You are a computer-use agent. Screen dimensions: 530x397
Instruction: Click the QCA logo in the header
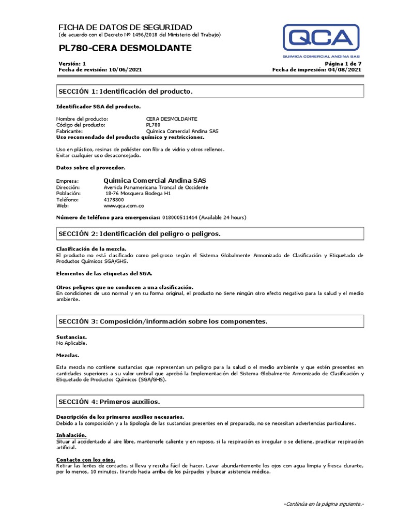[x=321, y=41]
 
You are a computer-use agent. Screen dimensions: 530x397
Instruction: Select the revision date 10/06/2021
[x=125, y=69]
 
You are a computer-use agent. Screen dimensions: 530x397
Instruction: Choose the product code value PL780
[x=154, y=125]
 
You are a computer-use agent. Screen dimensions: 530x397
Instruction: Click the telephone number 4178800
[x=114, y=199]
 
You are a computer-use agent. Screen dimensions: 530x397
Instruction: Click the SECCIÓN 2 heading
[x=139, y=234]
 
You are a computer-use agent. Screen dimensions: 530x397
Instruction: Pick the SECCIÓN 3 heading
[x=163, y=321]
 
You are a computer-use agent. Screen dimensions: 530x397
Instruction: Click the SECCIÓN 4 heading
[x=109, y=401]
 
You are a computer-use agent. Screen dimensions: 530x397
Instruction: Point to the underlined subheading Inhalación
[x=71, y=435]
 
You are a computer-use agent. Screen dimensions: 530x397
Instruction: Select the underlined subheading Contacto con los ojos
[x=85, y=460]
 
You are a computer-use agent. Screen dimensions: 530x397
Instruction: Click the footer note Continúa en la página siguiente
[x=324, y=504]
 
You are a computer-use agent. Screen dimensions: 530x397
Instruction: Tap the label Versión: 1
[x=72, y=63]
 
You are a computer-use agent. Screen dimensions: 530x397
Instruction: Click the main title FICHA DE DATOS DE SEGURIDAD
[x=125, y=27]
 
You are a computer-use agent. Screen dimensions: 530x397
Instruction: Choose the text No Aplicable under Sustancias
[x=71, y=343]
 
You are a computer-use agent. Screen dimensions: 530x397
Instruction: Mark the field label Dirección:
[x=68, y=187]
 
